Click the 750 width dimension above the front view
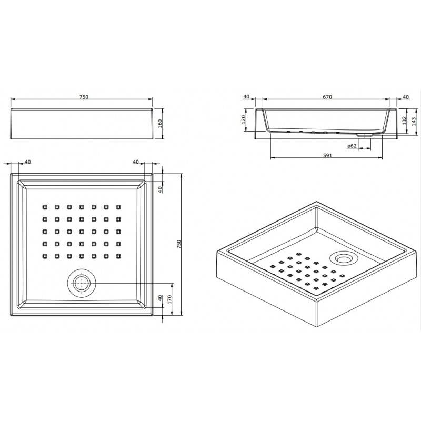pyautogui.click(x=84, y=97)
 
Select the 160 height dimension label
pyautogui.click(x=160, y=124)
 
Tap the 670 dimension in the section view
pyautogui.click(x=327, y=97)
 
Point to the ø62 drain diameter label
pyautogui.click(x=352, y=146)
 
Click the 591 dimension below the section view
pyautogui.click(x=327, y=155)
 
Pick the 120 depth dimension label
pyautogui.click(x=244, y=119)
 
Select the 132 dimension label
pyautogui.click(x=404, y=121)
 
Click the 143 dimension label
pyautogui.click(x=414, y=122)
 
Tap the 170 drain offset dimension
pyautogui.click(x=169, y=299)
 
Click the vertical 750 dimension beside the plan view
pyautogui.click(x=179, y=244)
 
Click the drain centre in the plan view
pyautogui.click(x=82, y=283)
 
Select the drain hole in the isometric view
pyautogui.click(x=344, y=258)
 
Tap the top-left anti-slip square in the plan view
pyautogui.click(x=45, y=207)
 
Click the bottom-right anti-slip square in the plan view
pyautogui.click(x=118, y=256)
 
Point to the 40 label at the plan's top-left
pyautogui.click(x=28, y=162)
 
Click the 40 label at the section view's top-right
pyautogui.click(x=406, y=97)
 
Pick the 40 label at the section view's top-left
pyautogui.click(x=246, y=97)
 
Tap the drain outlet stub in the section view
pyautogui.click(x=365, y=136)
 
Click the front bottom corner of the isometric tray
pyautogui.click(x=317, y=327)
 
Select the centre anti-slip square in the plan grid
pyautogui.click(x=82, y=232)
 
